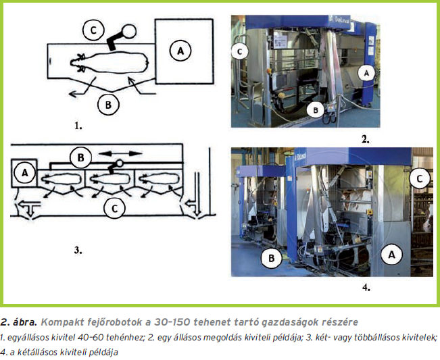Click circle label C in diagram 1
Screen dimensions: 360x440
tap(95, 29)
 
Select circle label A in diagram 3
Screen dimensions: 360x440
tap(25, 173)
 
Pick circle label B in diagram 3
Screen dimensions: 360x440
tap(80, 158)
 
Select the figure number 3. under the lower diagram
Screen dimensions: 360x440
tap(78, 250)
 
